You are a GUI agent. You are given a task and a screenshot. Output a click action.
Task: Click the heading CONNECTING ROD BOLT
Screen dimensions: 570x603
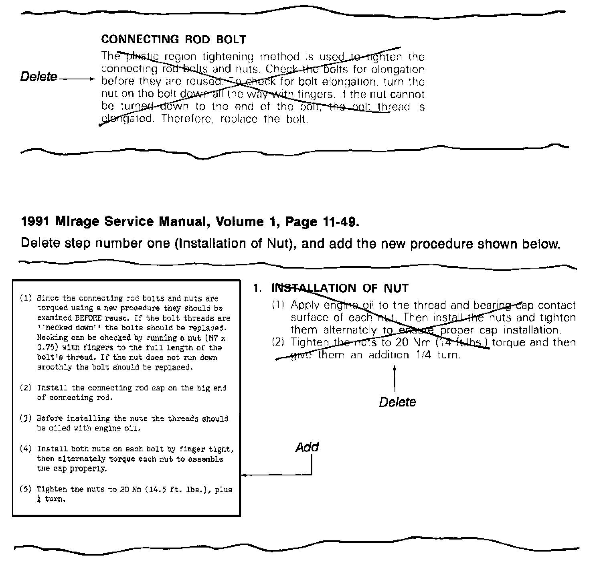tap(173, 40)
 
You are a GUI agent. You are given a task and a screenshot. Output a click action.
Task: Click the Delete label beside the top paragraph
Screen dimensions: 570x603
tap(39, 77)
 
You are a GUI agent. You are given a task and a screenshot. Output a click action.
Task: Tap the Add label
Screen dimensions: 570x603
tap(307, 447)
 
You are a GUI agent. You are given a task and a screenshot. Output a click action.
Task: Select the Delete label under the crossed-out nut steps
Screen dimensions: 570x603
tap(397, 402)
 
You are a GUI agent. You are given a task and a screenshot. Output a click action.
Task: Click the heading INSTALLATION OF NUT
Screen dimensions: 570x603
tap(340, 288)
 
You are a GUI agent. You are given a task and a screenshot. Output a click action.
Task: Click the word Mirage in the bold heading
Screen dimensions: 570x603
tap(78, 222)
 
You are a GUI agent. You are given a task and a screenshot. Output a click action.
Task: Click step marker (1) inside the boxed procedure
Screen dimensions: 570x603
tap(26, 298)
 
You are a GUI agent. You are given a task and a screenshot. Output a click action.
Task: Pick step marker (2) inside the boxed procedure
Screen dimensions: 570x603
tap(26, 388)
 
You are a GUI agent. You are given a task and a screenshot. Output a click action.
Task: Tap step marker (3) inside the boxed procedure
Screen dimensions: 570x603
tap(26, 418)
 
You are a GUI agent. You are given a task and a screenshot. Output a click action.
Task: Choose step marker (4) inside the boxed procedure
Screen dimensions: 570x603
tap(26, 449)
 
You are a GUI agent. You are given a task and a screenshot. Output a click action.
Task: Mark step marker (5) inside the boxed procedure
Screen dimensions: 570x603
tap(26, 489)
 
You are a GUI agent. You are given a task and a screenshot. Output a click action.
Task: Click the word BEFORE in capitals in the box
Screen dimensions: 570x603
tap(90, 318)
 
